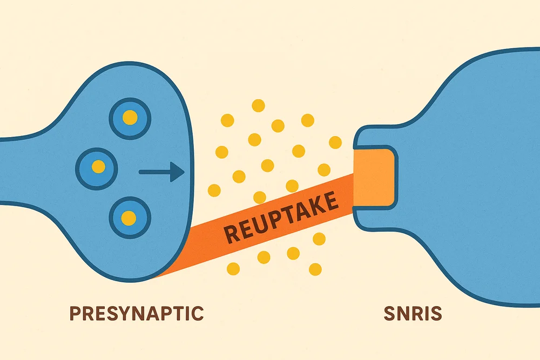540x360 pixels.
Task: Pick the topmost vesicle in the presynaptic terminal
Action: (130, 117)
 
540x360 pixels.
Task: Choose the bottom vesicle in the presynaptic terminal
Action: (129, 218)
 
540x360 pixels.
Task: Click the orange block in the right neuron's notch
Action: (374, 178)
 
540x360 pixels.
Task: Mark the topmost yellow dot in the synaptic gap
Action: (258, 105)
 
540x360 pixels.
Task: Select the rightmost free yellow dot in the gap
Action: (335, 142)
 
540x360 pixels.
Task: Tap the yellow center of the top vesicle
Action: (130, 117)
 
